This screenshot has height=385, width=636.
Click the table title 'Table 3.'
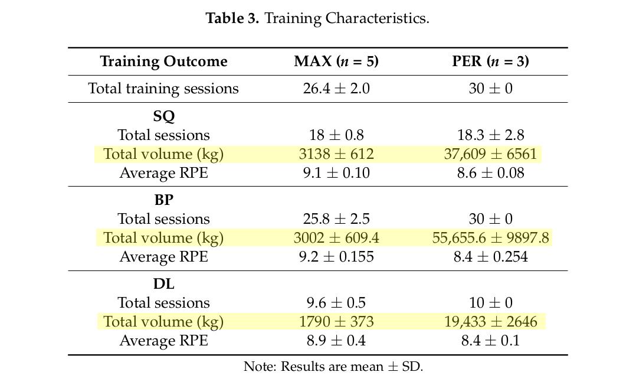232,18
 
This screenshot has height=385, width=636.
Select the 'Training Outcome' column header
163,61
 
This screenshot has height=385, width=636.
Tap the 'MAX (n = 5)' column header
336,61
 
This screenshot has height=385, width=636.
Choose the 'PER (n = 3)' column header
490,61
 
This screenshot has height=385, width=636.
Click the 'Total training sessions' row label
163,89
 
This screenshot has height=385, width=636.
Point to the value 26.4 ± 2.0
336,89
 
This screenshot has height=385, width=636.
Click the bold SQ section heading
163,116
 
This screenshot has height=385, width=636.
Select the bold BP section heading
163,200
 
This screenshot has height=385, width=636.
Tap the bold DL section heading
163,284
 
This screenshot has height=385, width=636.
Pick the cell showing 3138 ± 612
336,154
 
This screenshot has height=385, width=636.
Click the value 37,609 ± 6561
490,154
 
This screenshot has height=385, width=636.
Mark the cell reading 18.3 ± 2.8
490,135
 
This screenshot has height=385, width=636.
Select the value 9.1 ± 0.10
336,173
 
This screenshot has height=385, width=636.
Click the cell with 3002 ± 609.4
336,238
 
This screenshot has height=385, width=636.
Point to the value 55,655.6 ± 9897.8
490,238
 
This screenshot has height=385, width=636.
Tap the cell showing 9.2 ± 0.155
336,257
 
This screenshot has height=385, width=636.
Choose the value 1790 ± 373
336,322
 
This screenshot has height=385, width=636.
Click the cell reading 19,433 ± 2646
490,322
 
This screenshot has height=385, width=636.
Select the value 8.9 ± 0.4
336,341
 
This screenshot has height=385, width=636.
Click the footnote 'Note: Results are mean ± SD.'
333,367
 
